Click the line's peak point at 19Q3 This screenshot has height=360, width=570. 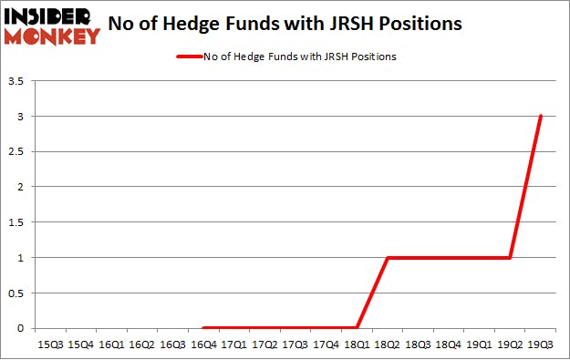541,117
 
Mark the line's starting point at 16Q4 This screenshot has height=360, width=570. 204,328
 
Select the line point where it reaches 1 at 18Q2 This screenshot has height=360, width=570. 389,257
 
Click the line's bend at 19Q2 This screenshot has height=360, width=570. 511,257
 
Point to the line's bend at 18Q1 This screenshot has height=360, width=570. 358,328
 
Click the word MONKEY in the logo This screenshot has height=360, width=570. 52,36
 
